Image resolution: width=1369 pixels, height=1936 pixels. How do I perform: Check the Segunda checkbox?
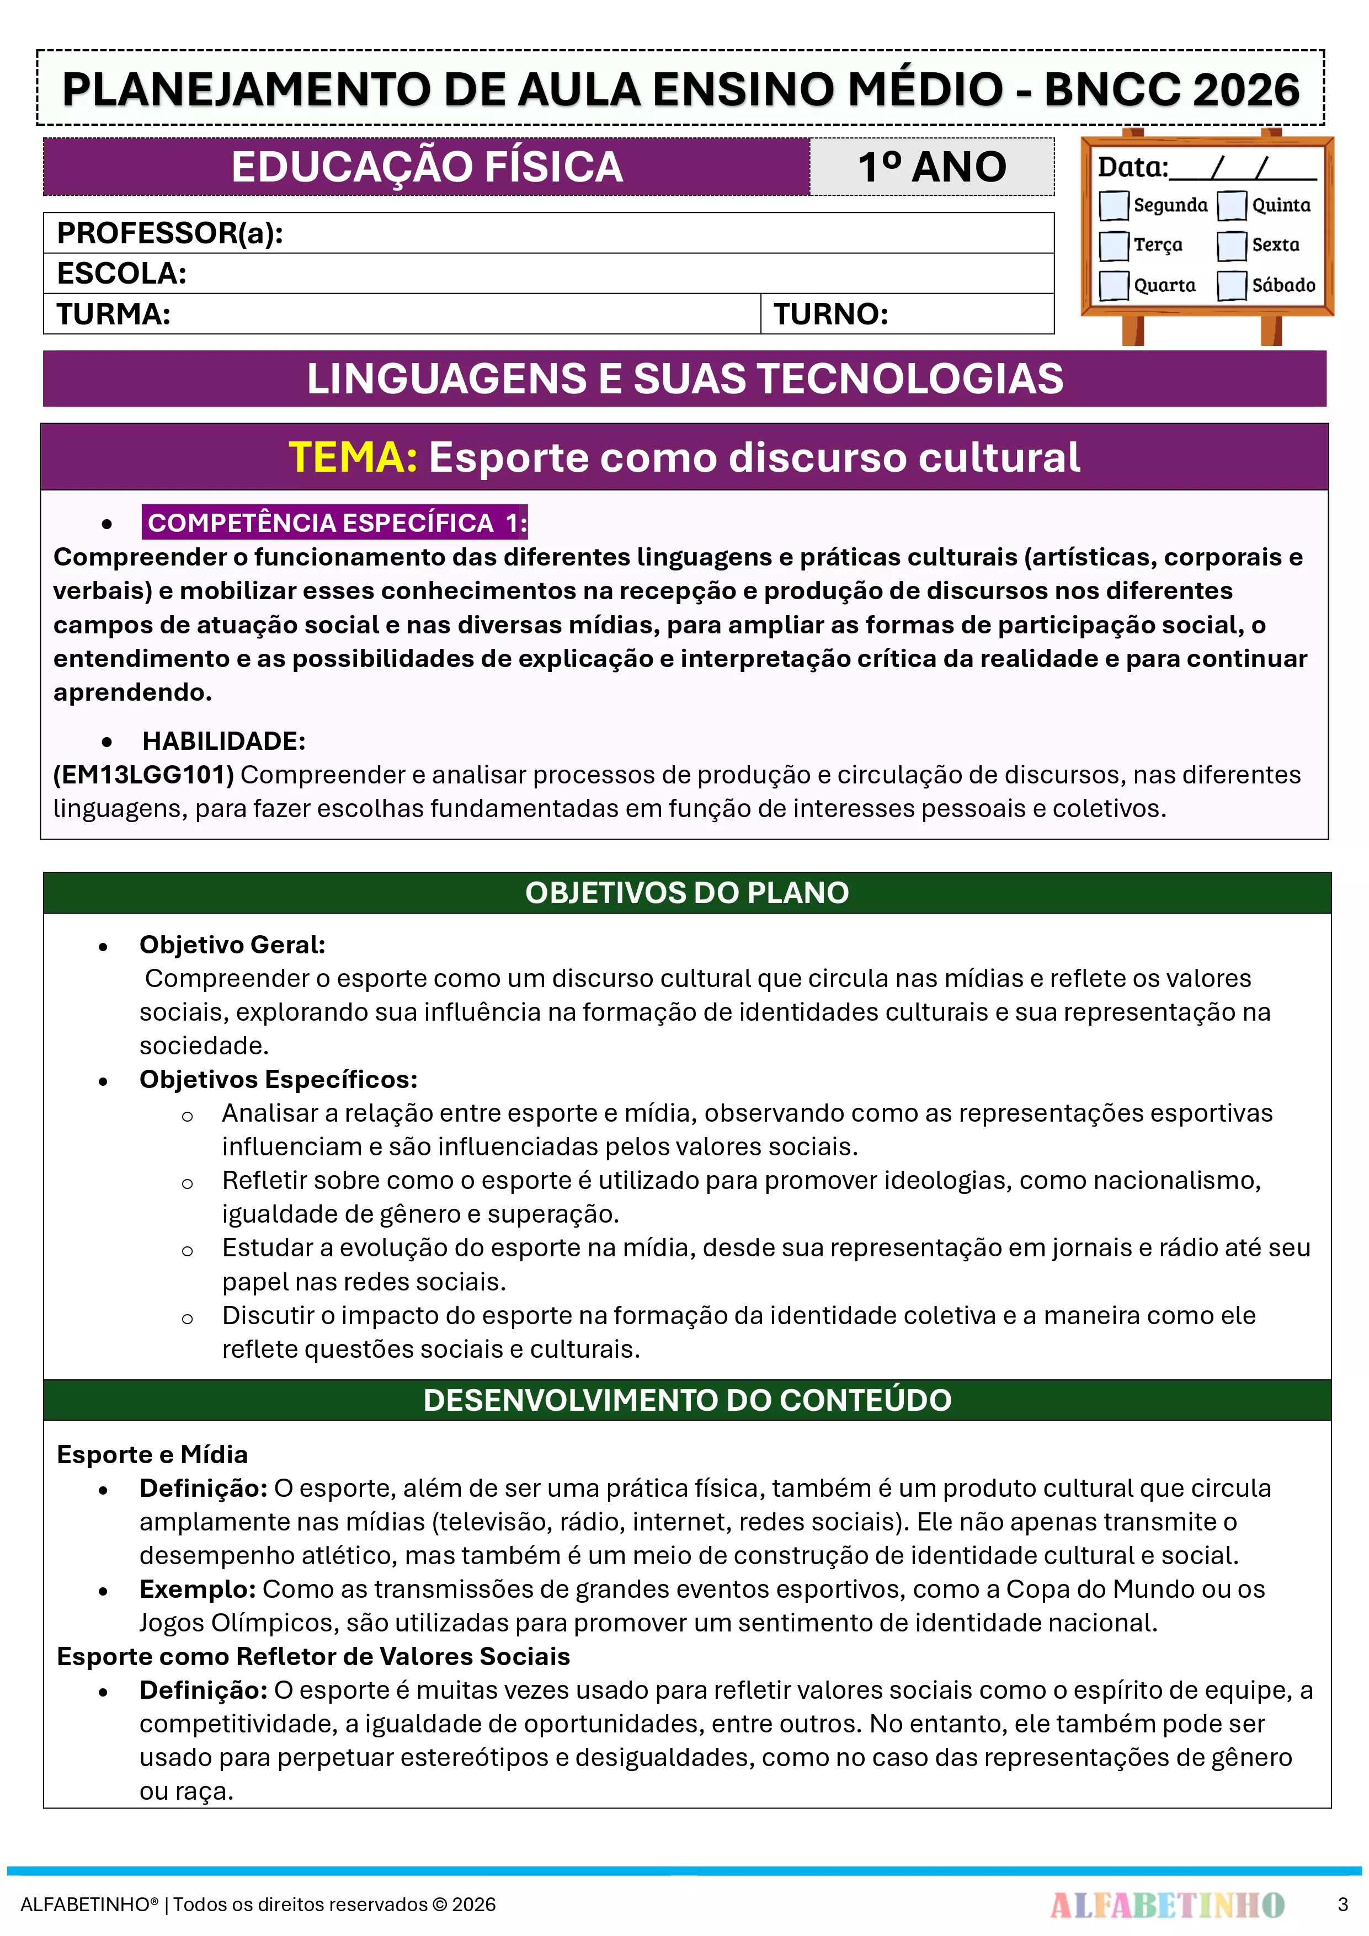pyautogui.click(x=1114, y=205)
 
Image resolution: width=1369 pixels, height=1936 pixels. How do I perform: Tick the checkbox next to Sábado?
pyautogui.click(x=1232, y=285)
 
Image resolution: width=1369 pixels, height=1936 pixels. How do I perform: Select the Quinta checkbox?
pyautogui.click(x=1232, y=205)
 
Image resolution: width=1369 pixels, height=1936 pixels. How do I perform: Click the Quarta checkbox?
pyautogui.click(x=1114, y=285)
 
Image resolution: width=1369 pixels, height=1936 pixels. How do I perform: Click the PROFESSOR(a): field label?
pyautogui.click(x=169, y=233)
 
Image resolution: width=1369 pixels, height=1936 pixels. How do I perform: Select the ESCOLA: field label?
pyautogui.click(x=121, y=273)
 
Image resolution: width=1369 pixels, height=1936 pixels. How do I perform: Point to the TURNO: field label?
pyautogui.click(x=831, y=314)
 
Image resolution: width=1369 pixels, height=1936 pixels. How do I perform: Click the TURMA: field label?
pyautogui.click(x=114, y=314)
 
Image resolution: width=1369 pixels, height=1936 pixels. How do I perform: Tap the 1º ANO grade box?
pyautogui.click(x=931, y=167)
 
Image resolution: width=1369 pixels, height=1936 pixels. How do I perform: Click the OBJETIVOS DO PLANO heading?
pyautogui.click(x=686, y=893)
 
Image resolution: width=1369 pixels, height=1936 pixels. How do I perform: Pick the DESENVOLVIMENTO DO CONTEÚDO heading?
pyautogui.click(x=686, y=1400)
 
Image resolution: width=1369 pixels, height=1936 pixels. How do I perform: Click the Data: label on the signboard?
pyautogui.click(x=1132, y=168)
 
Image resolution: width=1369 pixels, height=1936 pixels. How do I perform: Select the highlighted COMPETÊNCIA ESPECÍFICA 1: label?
pyautogui.click(x=335, y=523)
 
